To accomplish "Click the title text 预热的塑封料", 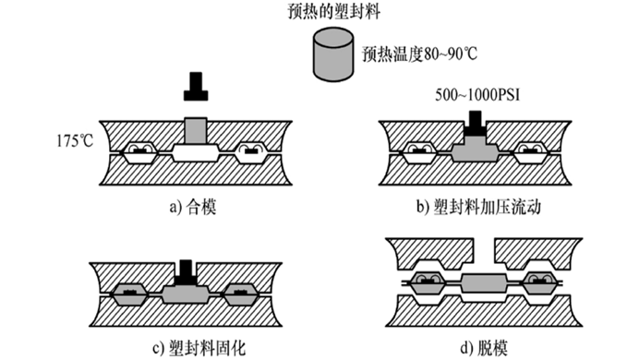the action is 333,11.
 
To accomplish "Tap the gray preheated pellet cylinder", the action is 333,54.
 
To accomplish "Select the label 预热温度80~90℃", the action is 420,54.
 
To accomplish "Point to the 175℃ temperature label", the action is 75,141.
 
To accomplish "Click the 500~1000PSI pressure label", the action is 477,95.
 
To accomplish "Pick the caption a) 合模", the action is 193,208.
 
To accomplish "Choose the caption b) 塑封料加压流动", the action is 478,207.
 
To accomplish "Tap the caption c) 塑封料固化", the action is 199,349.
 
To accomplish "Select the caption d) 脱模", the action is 484,349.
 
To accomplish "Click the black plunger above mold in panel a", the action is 196,87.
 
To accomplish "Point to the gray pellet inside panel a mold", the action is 196,131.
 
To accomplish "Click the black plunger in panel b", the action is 476,123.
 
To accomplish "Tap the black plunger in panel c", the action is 186,271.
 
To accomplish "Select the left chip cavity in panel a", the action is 140,152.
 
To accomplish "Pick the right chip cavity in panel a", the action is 252,152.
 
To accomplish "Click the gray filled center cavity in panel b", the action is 476,150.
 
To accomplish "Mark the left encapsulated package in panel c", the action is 129,294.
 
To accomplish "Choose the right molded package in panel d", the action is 540,282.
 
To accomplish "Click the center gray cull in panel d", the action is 484,282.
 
